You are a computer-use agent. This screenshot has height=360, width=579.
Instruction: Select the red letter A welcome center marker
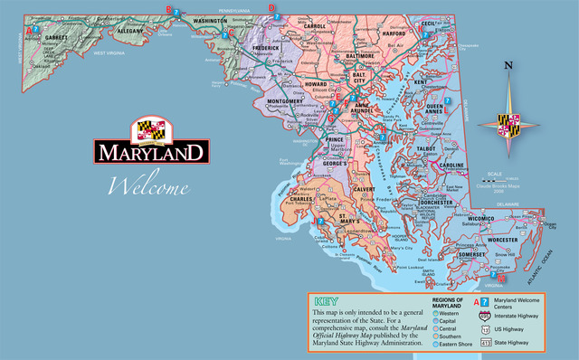(29, 29)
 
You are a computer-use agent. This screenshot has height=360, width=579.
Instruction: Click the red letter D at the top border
(272, 6)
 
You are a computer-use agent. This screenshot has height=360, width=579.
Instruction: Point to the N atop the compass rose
(508, 65)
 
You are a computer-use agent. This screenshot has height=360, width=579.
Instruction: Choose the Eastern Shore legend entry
(452, 343)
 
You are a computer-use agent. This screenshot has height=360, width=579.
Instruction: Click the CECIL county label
(428, 28)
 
